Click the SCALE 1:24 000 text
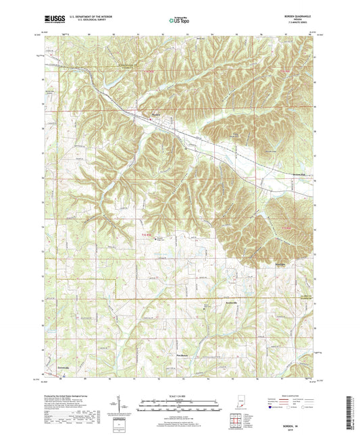(x=179, y=394)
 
